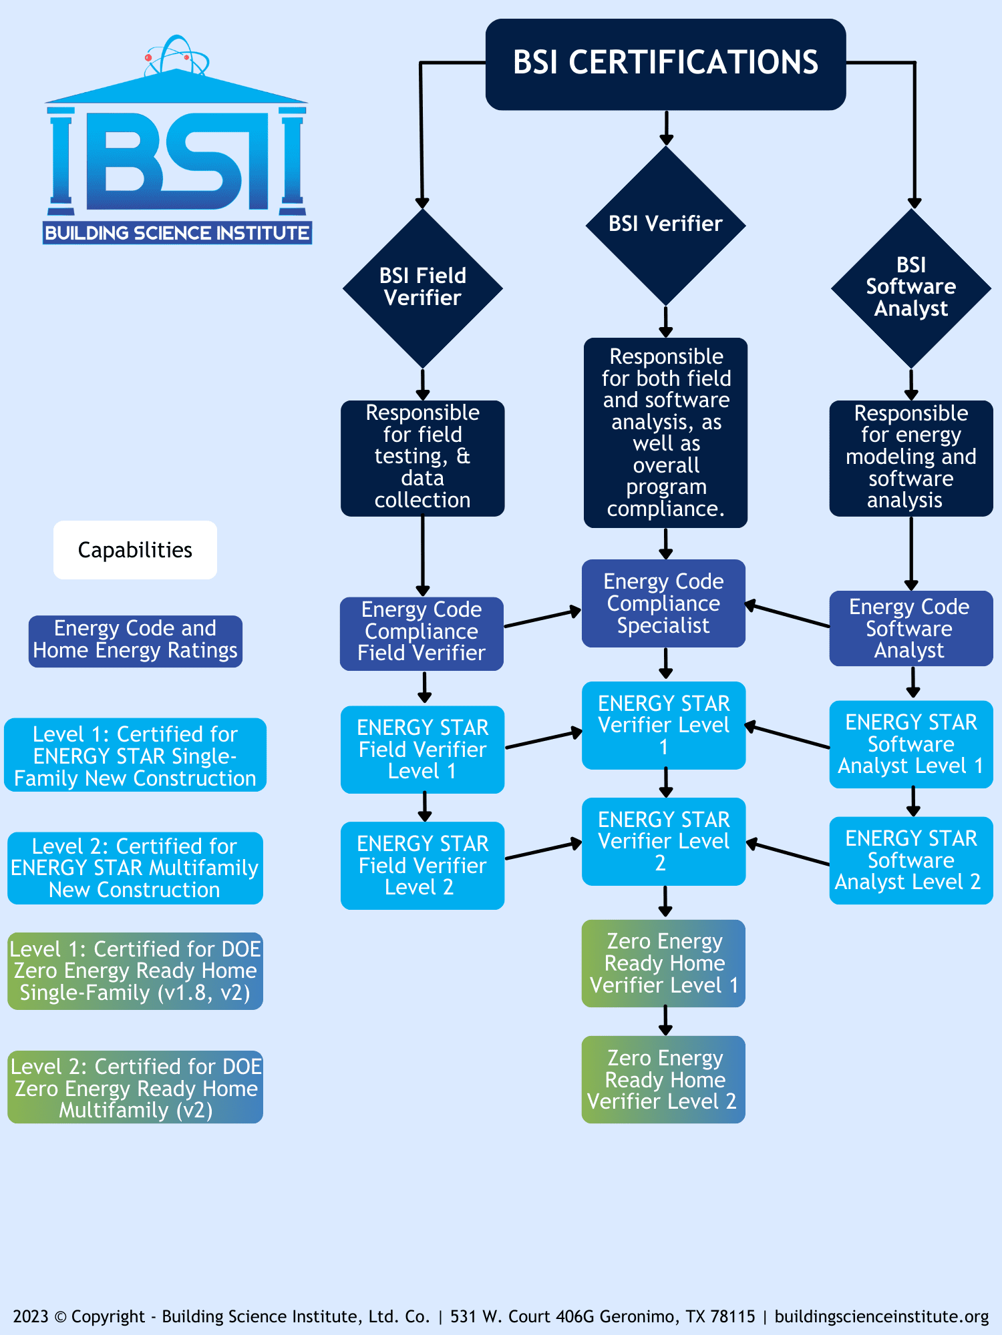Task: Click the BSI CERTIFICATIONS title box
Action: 665,63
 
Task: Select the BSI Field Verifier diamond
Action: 422,288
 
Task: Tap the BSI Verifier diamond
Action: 665,224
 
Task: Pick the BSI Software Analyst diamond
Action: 910,288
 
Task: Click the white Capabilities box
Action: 135,550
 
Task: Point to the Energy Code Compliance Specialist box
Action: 663,603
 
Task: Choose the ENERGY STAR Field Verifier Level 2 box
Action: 422,865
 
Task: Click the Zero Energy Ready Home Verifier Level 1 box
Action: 663,963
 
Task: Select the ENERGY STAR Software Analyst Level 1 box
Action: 910,744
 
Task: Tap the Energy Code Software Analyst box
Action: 910,628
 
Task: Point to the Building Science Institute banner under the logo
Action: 177,233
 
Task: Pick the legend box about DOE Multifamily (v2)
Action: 135,1087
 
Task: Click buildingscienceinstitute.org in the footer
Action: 881,1316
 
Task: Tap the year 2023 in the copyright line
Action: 30,1316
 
